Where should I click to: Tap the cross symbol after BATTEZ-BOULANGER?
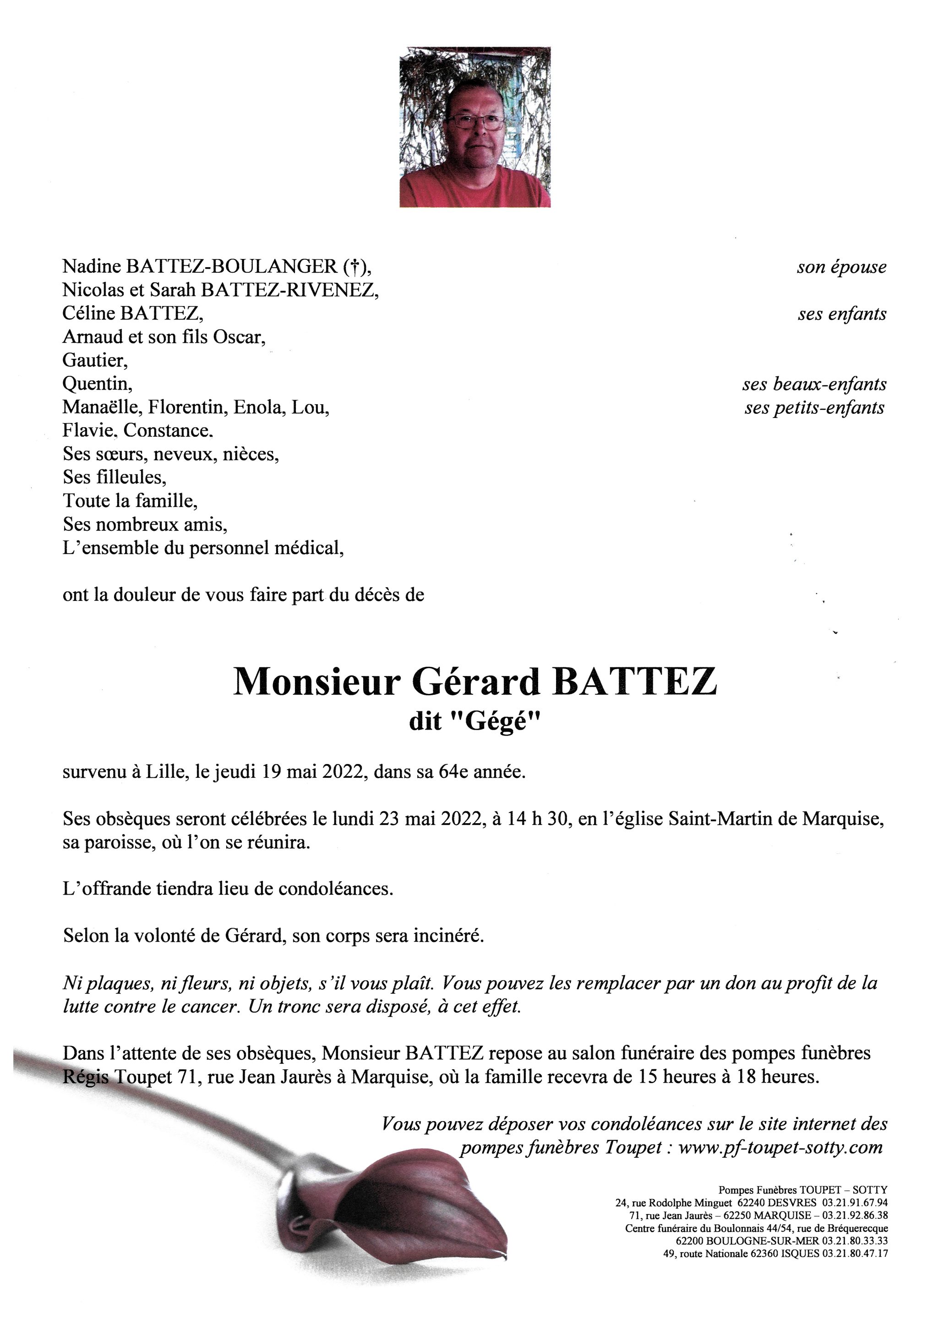[x=355, y=267]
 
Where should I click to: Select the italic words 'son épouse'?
[x=841, y=267]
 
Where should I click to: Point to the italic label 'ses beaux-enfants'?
[x=813, y=384]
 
